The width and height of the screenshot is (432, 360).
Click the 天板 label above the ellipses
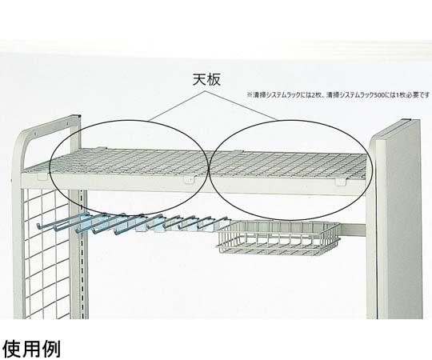click(x=206, y=80)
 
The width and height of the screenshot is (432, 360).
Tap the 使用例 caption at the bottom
click(x=31, y=349)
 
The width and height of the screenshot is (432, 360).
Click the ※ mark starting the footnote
click(x=249, y=95)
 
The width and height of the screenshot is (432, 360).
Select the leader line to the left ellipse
click(x=176, y=106)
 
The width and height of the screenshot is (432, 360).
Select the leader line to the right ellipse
click(x=241, y=106)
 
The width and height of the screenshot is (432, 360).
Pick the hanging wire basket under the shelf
click(x=279, y=237)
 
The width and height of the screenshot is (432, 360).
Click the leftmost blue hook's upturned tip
click(x=38, y=226)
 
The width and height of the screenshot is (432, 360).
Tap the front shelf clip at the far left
click(x=42, y=176)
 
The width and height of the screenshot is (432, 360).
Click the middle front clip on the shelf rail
click(x=189, y=180)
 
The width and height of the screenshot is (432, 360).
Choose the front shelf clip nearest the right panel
click(x=340, y=182)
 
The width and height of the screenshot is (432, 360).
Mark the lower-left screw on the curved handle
click(x=35, y=134)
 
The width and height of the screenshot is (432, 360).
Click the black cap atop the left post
click(x=79, y=116)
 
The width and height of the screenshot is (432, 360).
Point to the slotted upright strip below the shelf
click(x=82, y=254)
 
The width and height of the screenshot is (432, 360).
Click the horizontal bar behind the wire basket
click(x=353, y=229)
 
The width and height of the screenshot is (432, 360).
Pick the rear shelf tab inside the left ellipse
click(x=101, y=149)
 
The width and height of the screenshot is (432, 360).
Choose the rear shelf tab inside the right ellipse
click(x=238, y=151)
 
